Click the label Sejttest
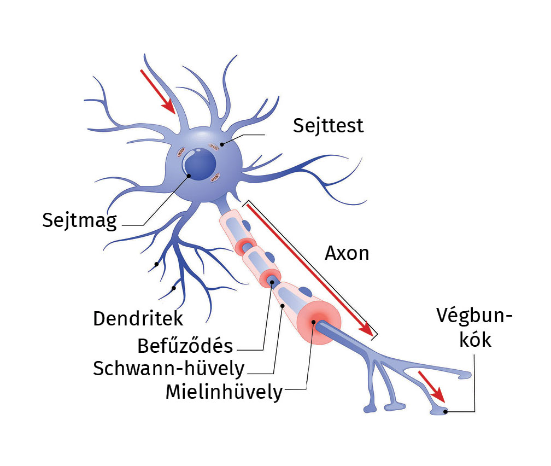click(x=328, y=125)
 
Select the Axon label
click(x=347, y=253)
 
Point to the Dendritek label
click(x=138, y=319)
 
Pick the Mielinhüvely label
click(x=224, y=392)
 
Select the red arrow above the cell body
click(x=158, y=91)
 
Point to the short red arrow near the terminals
click(x=430, y=385)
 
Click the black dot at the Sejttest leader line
click(x=222, y=144)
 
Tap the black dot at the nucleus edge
click(x=189, y=176)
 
